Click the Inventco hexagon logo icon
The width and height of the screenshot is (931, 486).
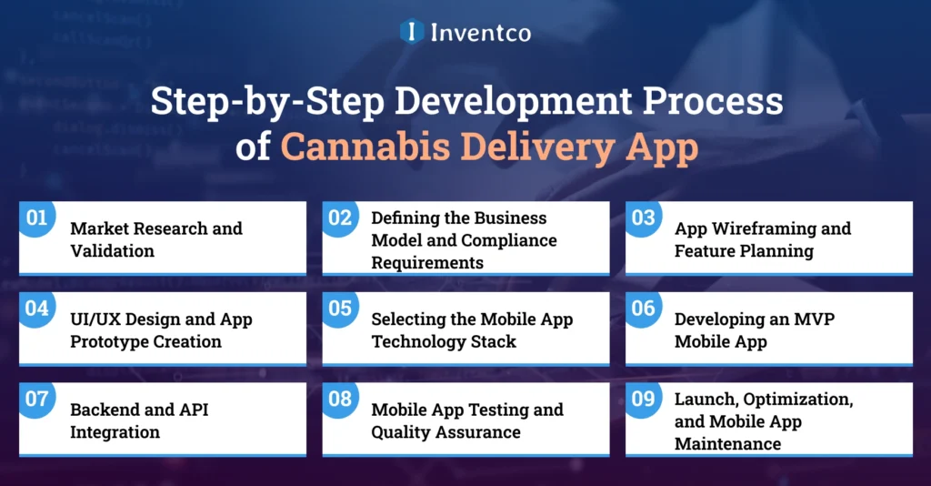(x=412, y=32)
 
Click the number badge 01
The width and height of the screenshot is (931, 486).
(x=36, y=218)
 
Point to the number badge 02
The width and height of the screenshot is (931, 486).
(x=340, y=218)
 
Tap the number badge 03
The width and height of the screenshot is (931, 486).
(x=643, y=218)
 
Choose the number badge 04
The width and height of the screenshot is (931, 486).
(x=36, y=309)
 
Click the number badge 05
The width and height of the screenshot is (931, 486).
(x=340, y=309)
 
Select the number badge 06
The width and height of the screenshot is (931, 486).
(x=643, y=309)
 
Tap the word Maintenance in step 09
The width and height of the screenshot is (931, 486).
(x=727, y=443)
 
